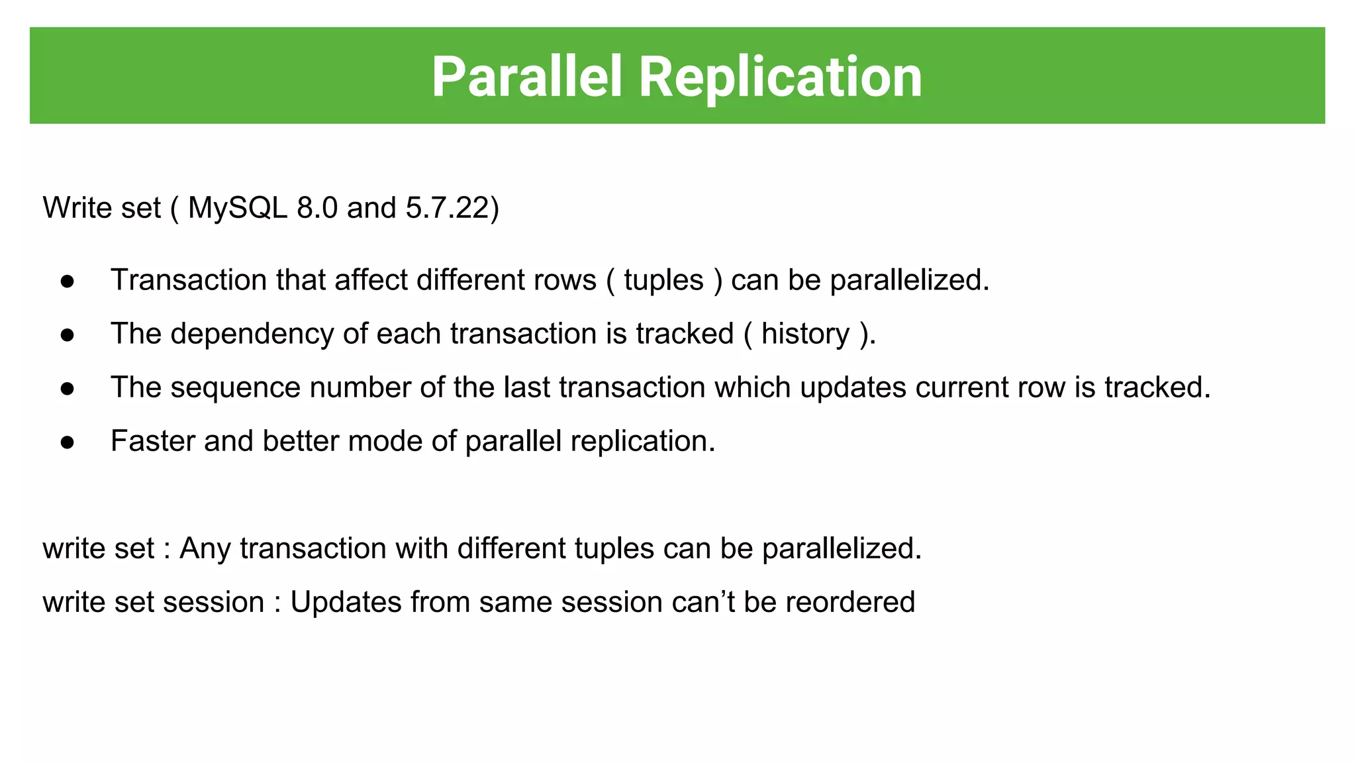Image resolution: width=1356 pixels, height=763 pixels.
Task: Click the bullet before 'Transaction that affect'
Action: [x=67, y=281]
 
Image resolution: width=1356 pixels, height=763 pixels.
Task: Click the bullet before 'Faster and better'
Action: [x=67, y=442]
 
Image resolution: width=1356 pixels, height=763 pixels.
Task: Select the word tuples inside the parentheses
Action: [x=663, y=280]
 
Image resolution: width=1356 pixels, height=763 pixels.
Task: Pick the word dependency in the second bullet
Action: [x=252, y=334]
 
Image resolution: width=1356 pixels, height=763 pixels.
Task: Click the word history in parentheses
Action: [x=805, y=334]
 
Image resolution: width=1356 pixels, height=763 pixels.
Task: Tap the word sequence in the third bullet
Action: [x=235, y=387]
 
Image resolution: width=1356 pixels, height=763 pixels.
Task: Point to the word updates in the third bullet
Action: [x=853, y=387]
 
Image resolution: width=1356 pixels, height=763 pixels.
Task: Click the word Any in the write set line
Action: [x=205, y=548]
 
